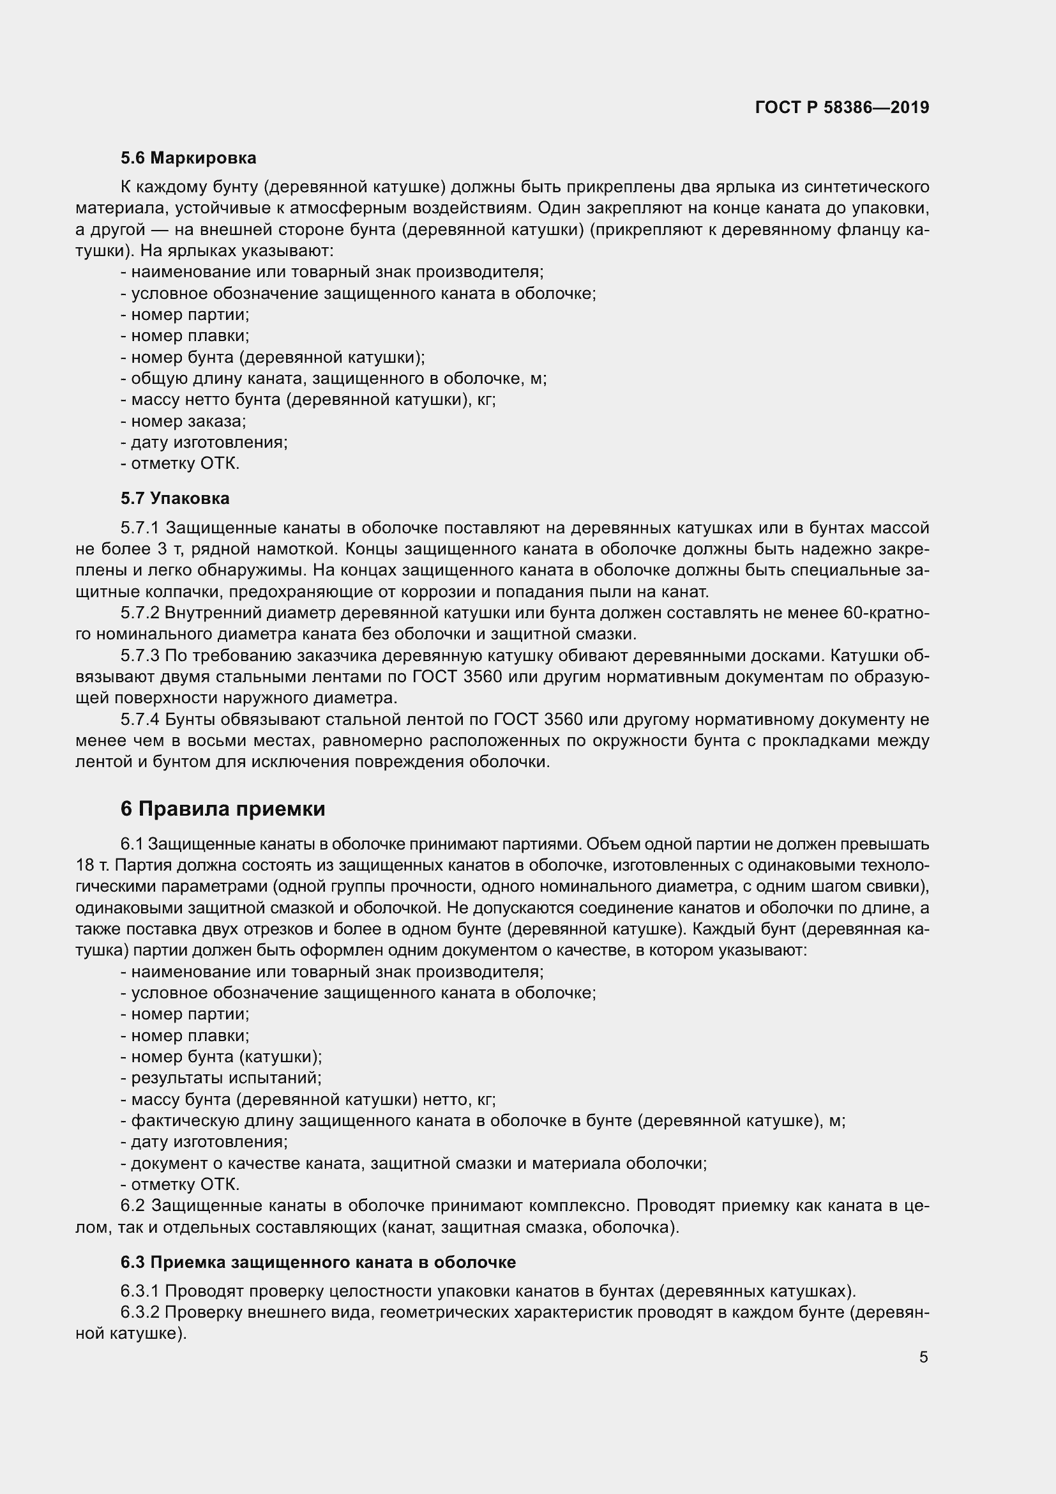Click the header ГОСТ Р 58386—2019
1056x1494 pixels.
(841, 108)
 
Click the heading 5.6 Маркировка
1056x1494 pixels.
(188, 158)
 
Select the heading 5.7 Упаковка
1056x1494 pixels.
(175, 498)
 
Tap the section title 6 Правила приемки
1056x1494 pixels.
(222, 809)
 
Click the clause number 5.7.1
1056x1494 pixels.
(140, 528)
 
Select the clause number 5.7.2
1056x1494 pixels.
(140, 613)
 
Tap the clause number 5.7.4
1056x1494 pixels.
(140, 720)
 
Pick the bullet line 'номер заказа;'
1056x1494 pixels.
(183, 421)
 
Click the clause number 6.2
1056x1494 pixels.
(132, 1206)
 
